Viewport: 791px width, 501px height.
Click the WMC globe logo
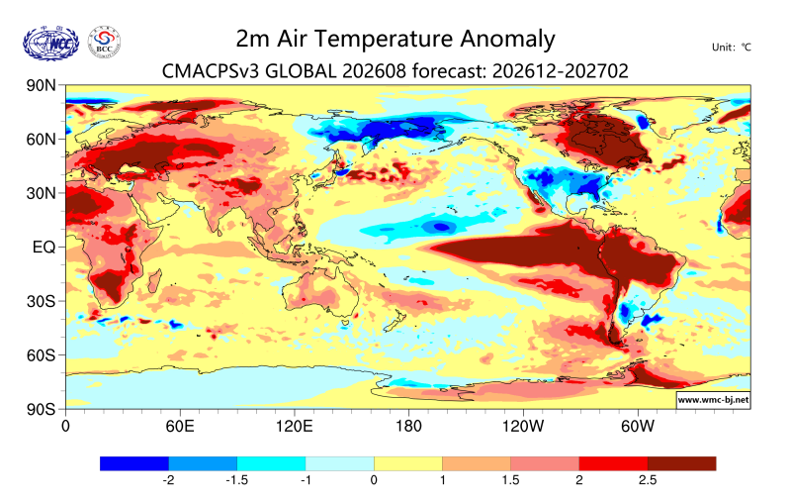coord(51,43)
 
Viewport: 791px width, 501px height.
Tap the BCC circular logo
coord(105,42)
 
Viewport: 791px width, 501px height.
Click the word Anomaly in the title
coord(507,40)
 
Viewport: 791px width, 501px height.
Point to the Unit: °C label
coord(732,47)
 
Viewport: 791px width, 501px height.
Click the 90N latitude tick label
coord(41,85)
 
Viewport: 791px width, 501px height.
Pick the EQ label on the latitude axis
coord(44,247)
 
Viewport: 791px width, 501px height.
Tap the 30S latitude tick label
coord(41,301)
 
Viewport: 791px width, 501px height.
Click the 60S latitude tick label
coord(41,355)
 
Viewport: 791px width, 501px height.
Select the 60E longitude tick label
coord(180,427)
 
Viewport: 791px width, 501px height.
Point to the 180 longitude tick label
coord(408,427)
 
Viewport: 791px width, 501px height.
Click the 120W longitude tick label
coord(523,427)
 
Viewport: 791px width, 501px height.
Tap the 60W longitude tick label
coord(637,427)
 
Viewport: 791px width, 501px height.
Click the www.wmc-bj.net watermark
coord(713,400)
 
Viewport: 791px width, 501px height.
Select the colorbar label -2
coord(168,479)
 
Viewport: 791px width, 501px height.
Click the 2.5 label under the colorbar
coord(648,479)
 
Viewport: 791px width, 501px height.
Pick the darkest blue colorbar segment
coord(134,463)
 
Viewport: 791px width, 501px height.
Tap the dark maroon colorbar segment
coord(681,463)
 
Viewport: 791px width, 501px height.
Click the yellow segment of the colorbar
coord(408,463)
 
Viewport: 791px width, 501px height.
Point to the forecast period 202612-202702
coord(561,70)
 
